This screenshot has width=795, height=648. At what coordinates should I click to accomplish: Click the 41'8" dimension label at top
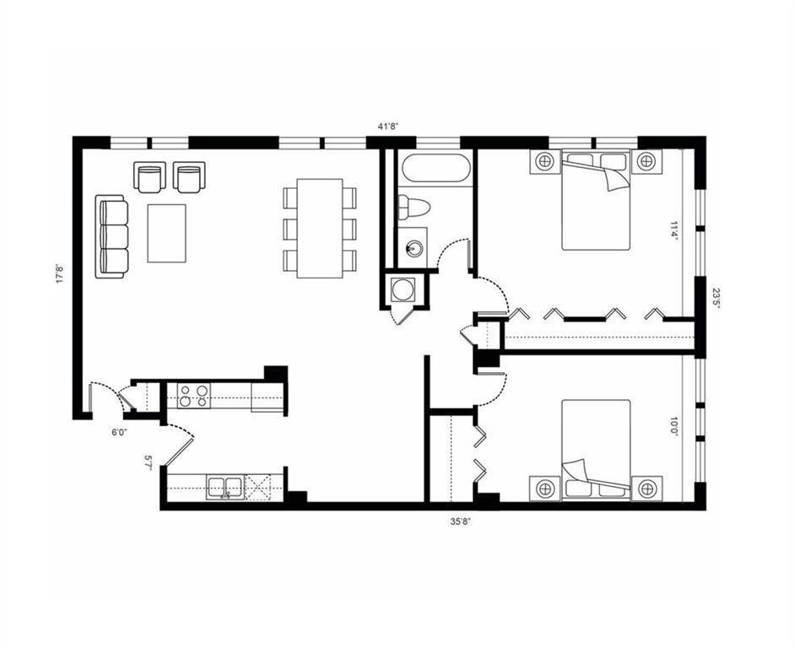(x=387, y=127)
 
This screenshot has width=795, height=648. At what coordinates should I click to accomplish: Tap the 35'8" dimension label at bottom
(x=460, y=521)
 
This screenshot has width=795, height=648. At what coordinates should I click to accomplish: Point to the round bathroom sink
(x=414, y=248)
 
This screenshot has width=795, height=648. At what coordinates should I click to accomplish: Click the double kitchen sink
(x=225, y=487)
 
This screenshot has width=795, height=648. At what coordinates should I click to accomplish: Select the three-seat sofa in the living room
(x=113, y=235)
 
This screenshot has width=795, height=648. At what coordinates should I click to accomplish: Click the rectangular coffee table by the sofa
(x=168, y=233)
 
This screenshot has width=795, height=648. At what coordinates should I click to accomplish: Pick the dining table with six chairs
(x=319, y=227)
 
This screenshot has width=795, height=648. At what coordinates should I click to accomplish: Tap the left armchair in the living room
(x=149, y=176)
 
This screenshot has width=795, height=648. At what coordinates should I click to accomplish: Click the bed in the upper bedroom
(x=596, y=202)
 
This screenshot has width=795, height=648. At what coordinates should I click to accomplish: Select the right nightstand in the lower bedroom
(x=646, y=488)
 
